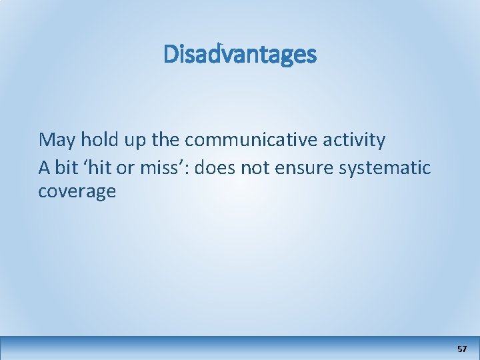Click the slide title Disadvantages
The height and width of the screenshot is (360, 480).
[240, 55]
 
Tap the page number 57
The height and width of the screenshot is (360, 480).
[462, 349]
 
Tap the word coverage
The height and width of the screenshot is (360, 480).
[77, 193]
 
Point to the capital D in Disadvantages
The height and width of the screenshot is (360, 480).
[171, 55]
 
